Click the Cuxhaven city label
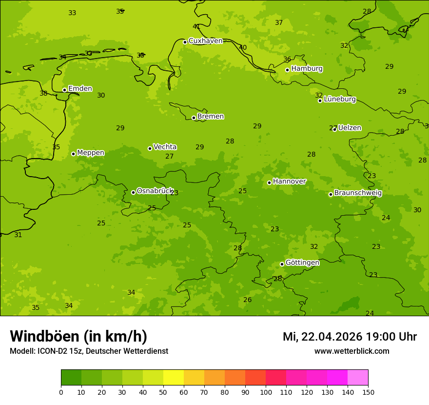[x=205, y=41]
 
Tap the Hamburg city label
[x=307, y=69]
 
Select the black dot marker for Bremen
[x=194, y=118]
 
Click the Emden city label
[x=80, y=89]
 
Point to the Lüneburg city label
[x=339, y=100]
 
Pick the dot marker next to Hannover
[x=269, y=182]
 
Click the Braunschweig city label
[x=358, y=193]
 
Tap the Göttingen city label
[x=302, y=263]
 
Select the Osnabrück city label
[x=155, y=191]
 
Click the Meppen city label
[x=91, y=153]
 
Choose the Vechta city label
[x=165, y=147]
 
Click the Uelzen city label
[x=350, y=128]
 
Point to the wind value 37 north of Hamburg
[x=279, y=22]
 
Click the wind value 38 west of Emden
[x=43, y=93]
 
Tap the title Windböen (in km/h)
[x=78, y=336]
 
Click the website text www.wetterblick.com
[x=351, y=351]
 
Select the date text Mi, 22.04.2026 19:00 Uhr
[x=350, y=337]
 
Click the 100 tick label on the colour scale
[x=266, y=392]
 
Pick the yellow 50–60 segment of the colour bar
[x=174, y=378]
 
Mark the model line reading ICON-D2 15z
[x=89, y=351]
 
